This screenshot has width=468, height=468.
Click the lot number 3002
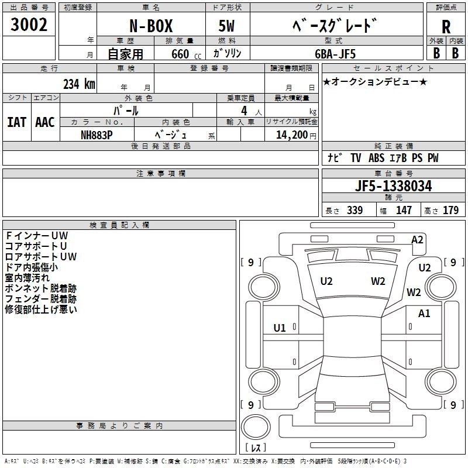pos(29,25)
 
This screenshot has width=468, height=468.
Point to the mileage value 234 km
pos(79,84)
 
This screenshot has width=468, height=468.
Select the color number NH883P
pos(97,135)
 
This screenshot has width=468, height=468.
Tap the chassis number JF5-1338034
pos(393,186)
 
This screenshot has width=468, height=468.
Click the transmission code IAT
pos(17,122)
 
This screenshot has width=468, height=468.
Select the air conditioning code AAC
pos(45,122)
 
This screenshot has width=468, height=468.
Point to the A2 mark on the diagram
pos(417,239)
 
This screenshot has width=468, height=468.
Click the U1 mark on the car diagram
pos(280,328)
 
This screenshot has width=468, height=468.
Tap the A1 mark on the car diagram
pos(424,314)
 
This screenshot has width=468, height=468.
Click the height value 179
pos(450,211)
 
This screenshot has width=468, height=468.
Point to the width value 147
pos(404,211)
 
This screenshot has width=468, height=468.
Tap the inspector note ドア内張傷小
pos(31,267)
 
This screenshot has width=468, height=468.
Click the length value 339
pos(354,211)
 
